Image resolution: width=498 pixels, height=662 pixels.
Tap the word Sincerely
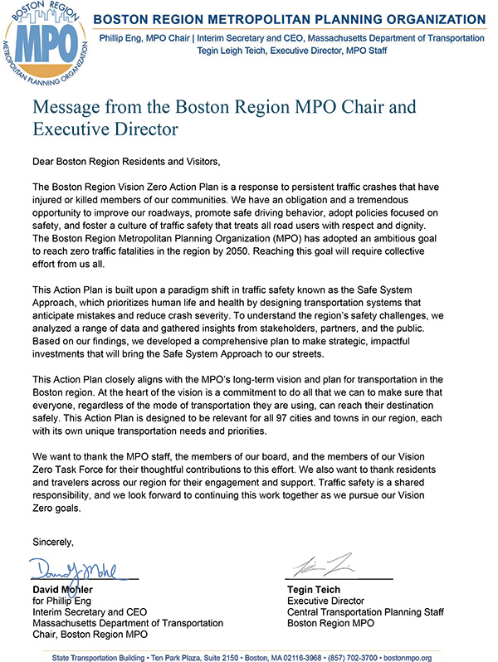[53, 543]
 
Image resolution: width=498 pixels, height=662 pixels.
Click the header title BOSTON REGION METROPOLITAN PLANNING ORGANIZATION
[290, 19]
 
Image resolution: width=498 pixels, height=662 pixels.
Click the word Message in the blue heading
[67, 108]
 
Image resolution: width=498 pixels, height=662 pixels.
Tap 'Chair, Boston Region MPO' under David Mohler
[90, 634]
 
